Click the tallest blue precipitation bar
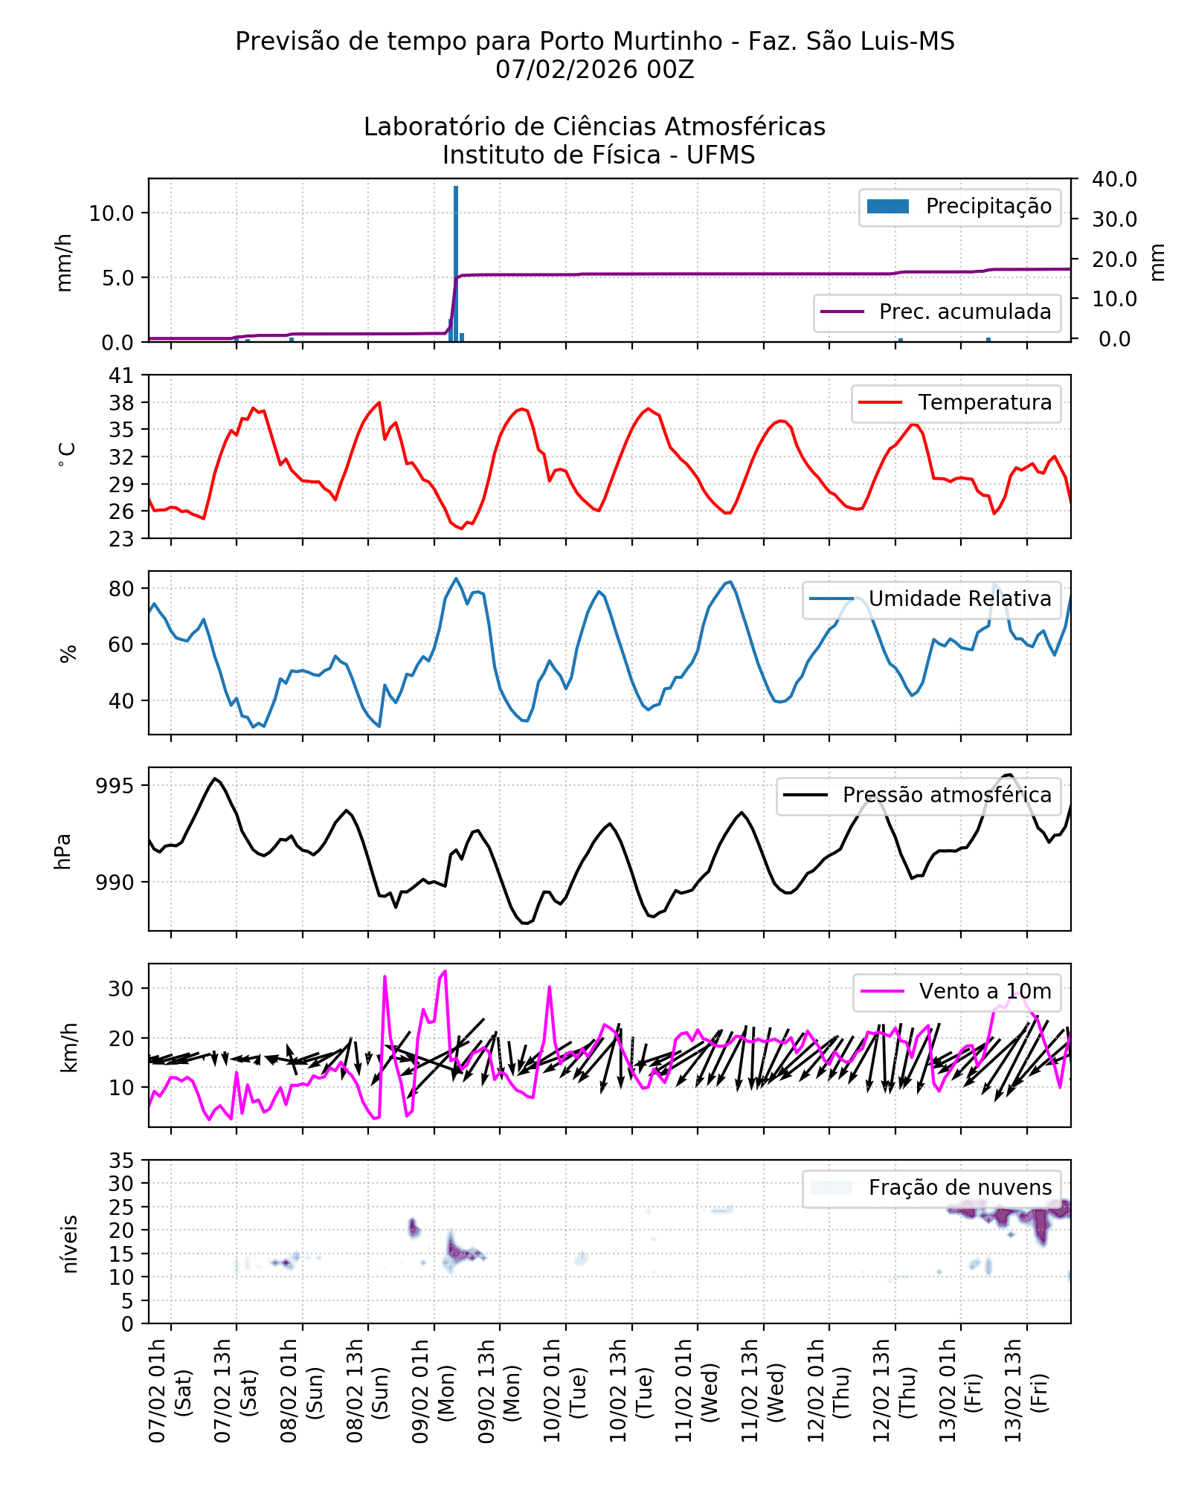coord(456,263)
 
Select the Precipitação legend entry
coord(959,207)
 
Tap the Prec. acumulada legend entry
coord(936,312)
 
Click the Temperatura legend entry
coord(956,403)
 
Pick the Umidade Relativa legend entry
coord(931,599)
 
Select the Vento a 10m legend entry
coord(956,992)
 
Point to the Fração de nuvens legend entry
coord(931,1188)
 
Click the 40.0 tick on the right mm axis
coord(1114,179)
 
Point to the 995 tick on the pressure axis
coord(115,786)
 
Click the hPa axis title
coord(64,851)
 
